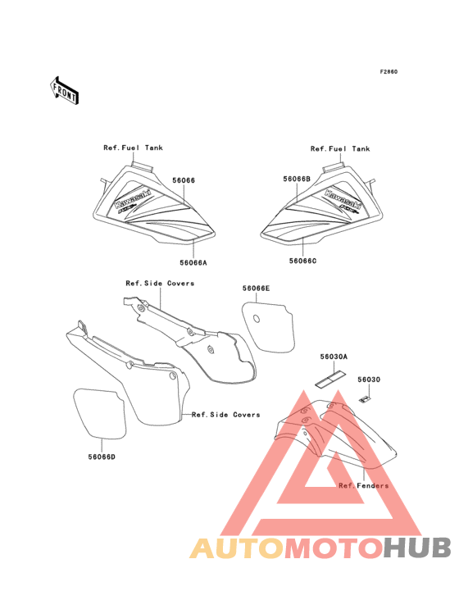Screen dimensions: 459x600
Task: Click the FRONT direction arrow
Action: click(64, 90)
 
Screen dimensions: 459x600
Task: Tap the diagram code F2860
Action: click(389, 71)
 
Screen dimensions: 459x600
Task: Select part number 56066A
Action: click(193, 263)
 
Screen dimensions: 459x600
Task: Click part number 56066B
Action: click(297, 179)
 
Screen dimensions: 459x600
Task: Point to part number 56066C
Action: click(303, 261)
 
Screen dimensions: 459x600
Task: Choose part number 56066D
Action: click(102, 457)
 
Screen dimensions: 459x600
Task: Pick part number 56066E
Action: click(256, 289)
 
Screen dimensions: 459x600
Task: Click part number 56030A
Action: click(334, 357)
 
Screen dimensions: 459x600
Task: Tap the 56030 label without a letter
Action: click(369, 380)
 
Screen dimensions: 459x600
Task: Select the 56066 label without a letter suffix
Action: click(184, 180)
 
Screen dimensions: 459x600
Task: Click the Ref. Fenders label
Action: click(363, 485)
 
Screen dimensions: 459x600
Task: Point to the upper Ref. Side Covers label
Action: click(160, 283)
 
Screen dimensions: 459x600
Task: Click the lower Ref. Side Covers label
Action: click(225, 415)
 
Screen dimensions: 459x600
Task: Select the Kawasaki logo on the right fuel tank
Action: click(343, 199)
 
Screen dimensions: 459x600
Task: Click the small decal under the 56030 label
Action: click(365, 399)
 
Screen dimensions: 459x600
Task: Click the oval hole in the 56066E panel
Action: click(257, 318)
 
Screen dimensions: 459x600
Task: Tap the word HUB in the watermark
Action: click(417, 548)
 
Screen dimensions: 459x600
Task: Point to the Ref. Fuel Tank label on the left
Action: click(133, 148)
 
